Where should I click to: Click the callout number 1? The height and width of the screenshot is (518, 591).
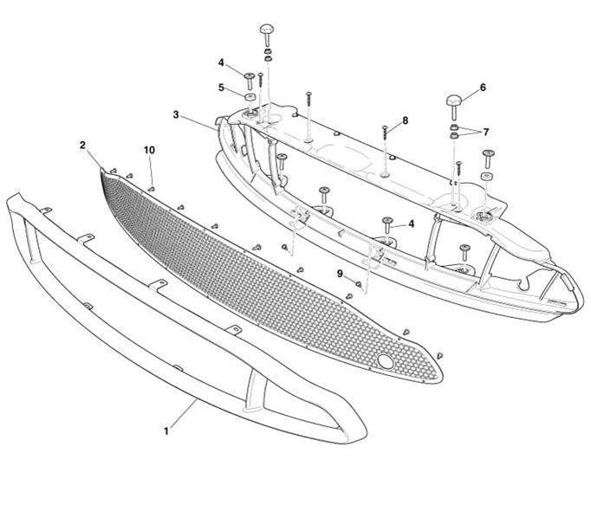point(165,428)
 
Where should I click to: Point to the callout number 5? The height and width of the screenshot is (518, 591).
point(221,87)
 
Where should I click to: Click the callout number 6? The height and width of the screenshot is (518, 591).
point(483,87)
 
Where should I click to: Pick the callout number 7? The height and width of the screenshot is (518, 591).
point(486,132)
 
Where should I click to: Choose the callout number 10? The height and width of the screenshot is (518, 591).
point(149,150)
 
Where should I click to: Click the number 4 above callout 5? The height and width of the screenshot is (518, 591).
point(221,62)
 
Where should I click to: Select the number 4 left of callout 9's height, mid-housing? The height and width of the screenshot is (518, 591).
point(411,223)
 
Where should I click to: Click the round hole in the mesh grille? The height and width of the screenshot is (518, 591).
point(384,360)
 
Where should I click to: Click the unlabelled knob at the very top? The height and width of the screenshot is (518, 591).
point(266,32)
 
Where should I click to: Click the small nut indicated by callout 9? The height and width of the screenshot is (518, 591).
point(359,283)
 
